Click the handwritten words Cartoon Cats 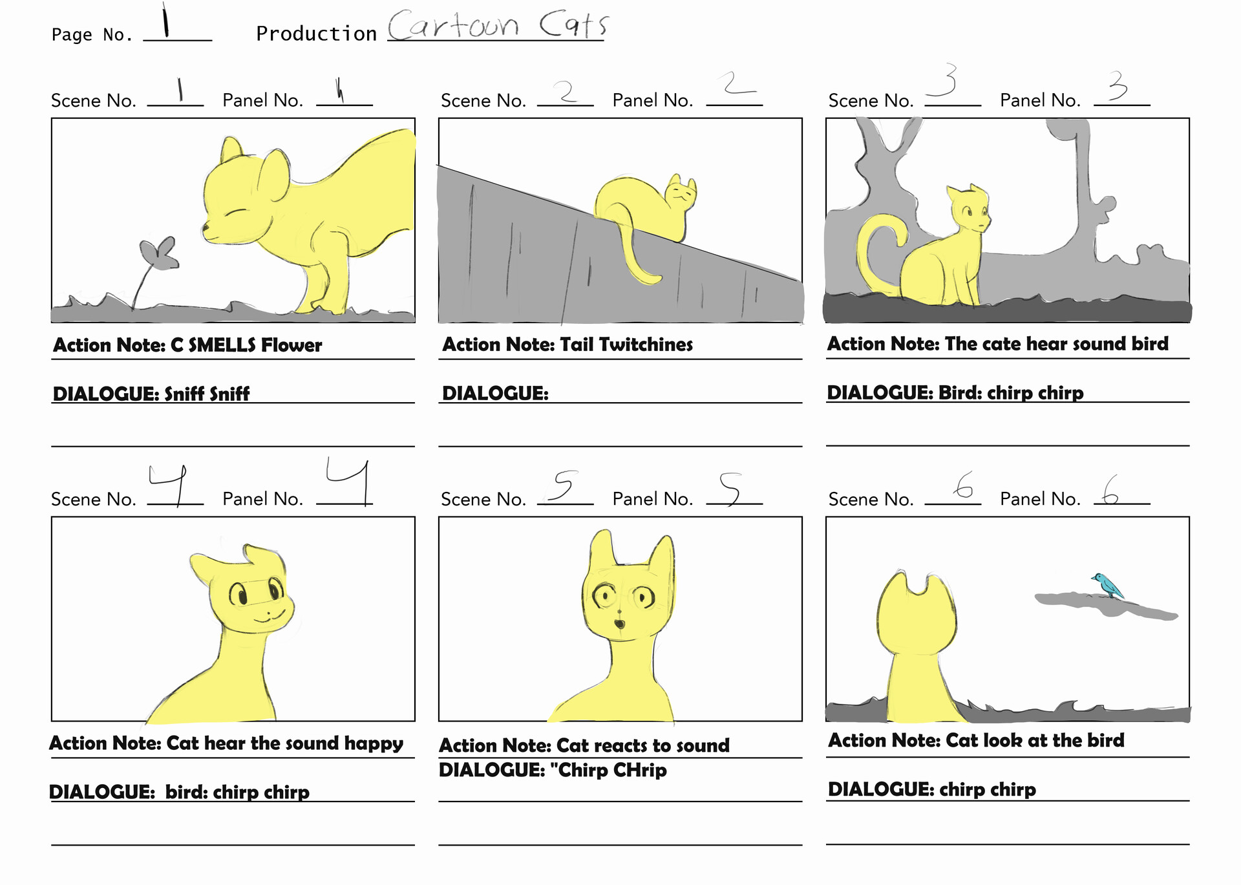pos(497,26)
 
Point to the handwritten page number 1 pos(166,21)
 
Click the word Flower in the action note pos(291,345)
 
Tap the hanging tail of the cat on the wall pos(637,259)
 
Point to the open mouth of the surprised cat pos(619,624)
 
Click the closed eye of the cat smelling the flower pos(238,213)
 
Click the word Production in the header pos(316,34)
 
